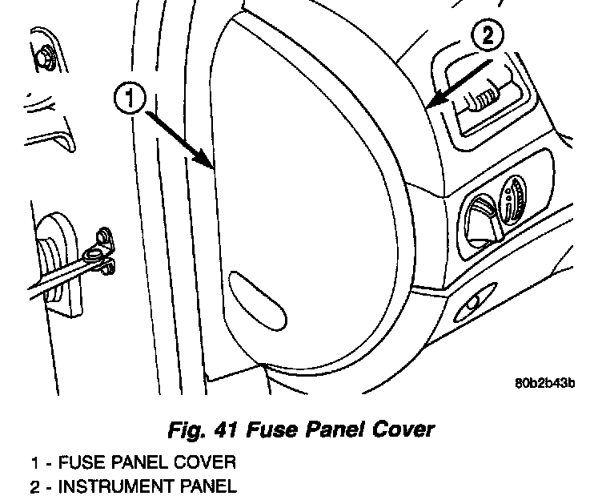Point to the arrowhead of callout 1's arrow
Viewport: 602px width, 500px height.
(x=212, y=168)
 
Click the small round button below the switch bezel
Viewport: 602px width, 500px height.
(x=471, y=303)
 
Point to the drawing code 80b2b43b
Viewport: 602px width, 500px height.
(x=544, y=381)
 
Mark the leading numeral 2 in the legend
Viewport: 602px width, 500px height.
(x=35, y=486)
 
